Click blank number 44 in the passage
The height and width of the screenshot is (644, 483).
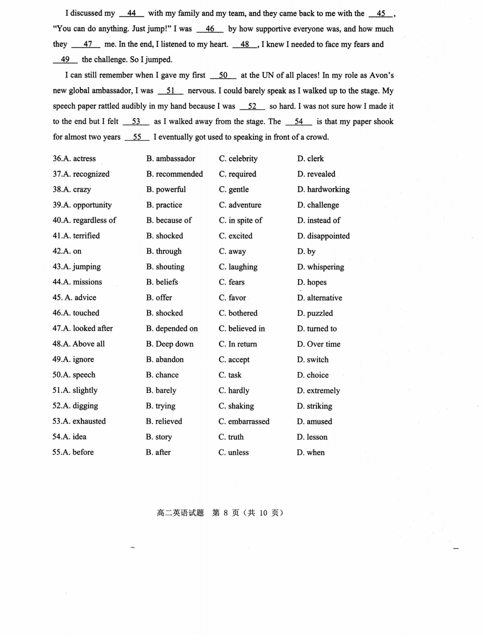coord(131,13)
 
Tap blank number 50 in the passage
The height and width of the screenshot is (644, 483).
coord(223,75)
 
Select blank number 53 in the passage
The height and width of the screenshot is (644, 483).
coord(136,122)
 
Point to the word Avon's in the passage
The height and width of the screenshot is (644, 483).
coord(381,75)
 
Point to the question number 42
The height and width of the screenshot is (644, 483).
coord(57,251)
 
